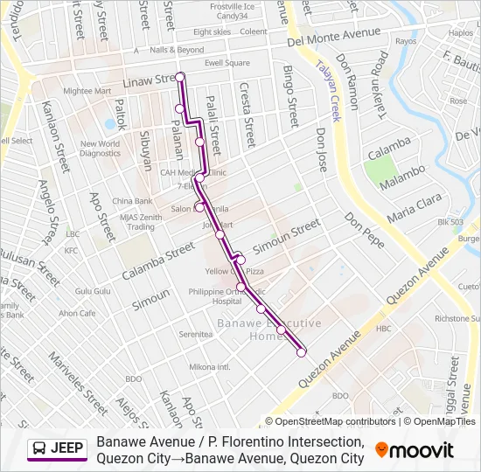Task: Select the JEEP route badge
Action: point(58,448)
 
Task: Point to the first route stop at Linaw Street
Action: point(180,78)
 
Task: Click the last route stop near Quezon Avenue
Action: point(302,353)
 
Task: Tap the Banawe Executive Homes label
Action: point(255,330)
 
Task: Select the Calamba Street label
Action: point(158,261)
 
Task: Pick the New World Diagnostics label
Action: point(100,149)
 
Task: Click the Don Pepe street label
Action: point(364,229)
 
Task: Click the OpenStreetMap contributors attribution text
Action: point(336,421)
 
